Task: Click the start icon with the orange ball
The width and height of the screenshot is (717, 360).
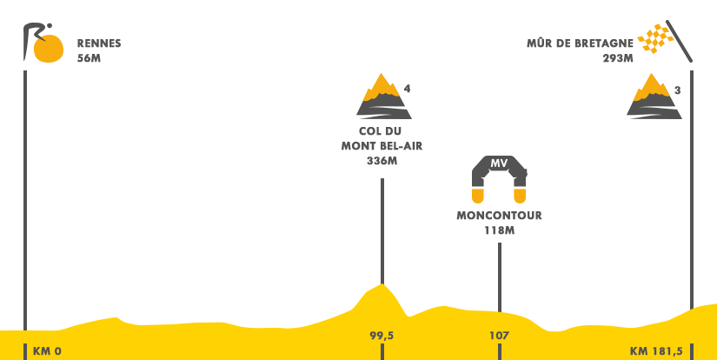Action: click(x=43, y=43)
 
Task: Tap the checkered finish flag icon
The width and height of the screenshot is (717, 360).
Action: click(x=665, y=41)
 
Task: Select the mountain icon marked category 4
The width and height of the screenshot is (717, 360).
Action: click(x=383, y=95)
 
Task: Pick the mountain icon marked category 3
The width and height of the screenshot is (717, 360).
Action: click(x=654, y=96)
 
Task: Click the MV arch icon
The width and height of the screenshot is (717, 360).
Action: click(x=499, y=179)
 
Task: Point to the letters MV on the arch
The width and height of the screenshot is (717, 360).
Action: click(x=499, y=163)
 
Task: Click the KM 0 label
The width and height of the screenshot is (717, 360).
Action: click(x=47, y=351)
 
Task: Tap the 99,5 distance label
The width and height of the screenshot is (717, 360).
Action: click(x=382, y=336)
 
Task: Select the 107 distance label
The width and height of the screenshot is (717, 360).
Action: click(x=499, y=336)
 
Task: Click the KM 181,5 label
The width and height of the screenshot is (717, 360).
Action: click(x=656, y=351)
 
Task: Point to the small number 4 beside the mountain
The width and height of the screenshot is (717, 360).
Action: click(x=407, y=89)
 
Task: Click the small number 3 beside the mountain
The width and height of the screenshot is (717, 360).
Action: click(x=677, y=90)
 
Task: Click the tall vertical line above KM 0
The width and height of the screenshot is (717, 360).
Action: click(x=25, y=174)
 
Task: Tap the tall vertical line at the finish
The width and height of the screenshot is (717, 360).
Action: click(x=691, y=174)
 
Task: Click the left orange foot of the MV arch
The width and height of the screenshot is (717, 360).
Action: click(x=478, y=195)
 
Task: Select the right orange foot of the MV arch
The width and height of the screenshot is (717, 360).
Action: click(x=520, y=195)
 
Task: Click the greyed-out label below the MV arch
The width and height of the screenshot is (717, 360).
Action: click(x=500, y=223)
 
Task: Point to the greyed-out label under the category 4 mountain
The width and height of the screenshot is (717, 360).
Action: click(x=382, y=146)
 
